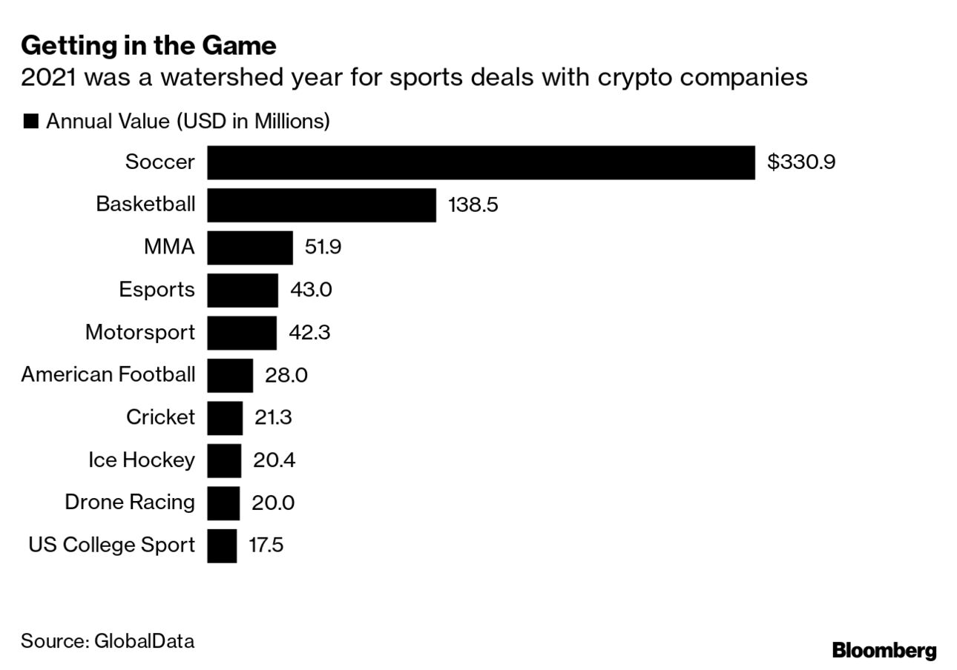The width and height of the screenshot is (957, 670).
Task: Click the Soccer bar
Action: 481,162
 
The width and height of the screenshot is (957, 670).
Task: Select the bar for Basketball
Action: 321,205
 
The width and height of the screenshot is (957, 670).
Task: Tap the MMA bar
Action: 250,248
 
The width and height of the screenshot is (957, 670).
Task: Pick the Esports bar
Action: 243,290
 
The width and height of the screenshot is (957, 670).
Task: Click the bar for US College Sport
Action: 222,545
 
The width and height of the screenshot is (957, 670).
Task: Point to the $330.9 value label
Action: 800,162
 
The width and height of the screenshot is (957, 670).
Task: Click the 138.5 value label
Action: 473,205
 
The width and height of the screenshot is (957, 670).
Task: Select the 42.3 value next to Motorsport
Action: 309,333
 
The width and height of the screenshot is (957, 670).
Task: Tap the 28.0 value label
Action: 286,375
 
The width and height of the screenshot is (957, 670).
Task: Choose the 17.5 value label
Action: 266,545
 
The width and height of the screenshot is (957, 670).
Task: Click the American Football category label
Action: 108,375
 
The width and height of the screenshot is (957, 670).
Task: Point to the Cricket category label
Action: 160,418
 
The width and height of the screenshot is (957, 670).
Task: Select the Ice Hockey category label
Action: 141,460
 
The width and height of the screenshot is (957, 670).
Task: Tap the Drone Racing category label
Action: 130,502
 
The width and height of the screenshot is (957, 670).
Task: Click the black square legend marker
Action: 31,122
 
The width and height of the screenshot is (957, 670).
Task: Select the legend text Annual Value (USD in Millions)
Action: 188,122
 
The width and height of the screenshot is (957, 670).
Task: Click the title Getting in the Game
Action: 148,46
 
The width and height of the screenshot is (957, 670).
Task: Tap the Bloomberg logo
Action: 884,650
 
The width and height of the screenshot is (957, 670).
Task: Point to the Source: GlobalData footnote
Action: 108,640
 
